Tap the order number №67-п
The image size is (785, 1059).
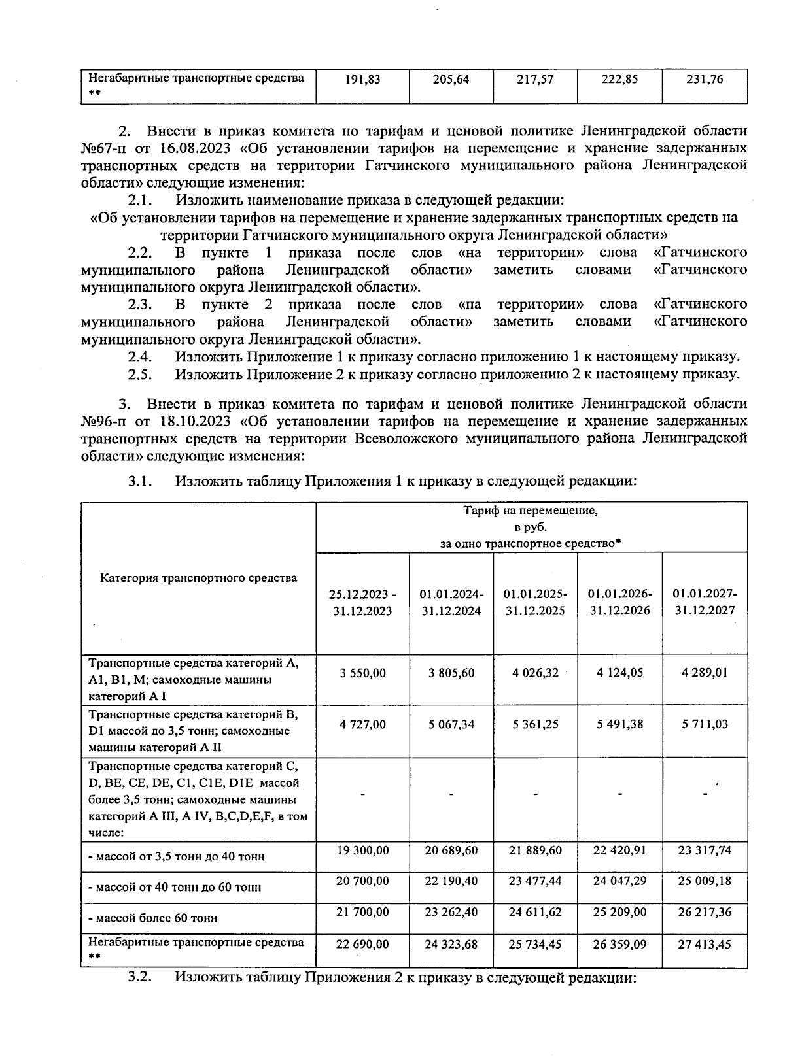tap(103, 148)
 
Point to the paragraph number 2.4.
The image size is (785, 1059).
tap(140, 357)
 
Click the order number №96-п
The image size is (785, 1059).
tap(103, 421)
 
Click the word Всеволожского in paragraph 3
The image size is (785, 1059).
tap(406, 438)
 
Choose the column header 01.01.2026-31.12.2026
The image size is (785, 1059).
tap(619, 602)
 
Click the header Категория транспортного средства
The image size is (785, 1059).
tap(198, 578)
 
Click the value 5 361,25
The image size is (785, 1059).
tap(535, 724)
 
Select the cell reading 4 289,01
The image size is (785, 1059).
tap(705, 673)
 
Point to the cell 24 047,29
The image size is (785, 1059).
tap(619, 881)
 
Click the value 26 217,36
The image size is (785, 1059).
tap(705, 912)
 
